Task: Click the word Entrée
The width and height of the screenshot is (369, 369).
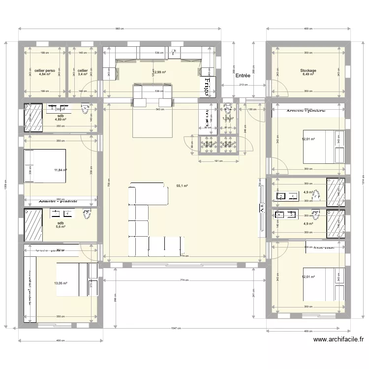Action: click(243, 76)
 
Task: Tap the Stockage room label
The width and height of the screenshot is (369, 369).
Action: click(308, 71)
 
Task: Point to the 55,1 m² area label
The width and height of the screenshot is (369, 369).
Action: click(182, 186)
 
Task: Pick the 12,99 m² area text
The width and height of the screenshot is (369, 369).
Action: click(159, 72)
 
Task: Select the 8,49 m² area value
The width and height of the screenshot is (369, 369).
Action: click(308, 75)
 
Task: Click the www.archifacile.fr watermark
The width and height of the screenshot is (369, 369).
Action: click(338, 339)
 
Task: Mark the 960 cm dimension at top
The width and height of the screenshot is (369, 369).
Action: click(119, 29)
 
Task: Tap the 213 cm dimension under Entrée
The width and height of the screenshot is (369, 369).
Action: click(243, 85)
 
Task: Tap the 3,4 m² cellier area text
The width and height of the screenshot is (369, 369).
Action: click(83, 75)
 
